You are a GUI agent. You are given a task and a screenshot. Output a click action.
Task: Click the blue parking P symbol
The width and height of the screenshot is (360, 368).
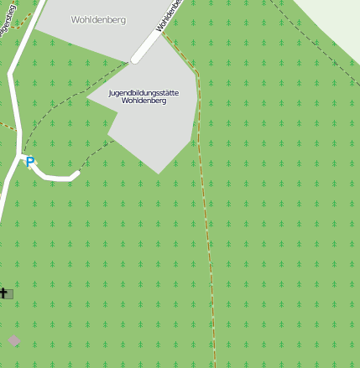tap(30, 162)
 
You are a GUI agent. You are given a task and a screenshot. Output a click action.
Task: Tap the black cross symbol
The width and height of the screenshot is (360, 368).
tap(3, 293)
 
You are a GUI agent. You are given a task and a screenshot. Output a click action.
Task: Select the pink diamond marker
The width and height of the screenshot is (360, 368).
tap(13, 339)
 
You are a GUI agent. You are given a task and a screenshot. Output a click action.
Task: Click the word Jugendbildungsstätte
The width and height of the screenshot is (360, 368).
tap(143, 92)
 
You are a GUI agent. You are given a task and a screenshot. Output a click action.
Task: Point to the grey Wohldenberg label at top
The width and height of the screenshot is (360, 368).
tap(98, 19)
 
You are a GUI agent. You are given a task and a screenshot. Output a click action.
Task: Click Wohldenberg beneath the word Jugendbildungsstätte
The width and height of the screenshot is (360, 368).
tap(143, 101)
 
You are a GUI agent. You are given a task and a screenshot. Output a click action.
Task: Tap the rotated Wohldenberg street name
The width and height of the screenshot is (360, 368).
tap(169, 17)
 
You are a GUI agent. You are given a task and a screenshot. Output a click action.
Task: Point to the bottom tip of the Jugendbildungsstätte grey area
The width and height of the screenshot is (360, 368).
tap(159, 173)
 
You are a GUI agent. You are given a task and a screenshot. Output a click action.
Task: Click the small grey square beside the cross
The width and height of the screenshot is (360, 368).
tap(9, 293)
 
